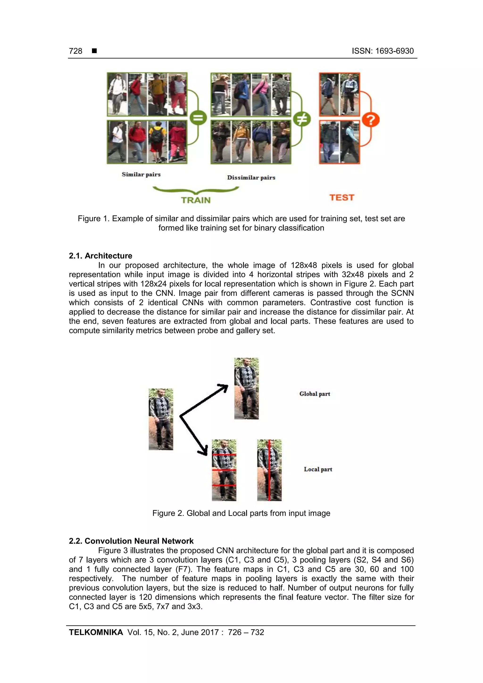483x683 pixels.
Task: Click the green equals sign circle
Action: click(x=198, y=118)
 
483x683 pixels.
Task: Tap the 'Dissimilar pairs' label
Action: click(x=251, y=178)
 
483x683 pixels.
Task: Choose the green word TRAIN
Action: click(x=196, y=200)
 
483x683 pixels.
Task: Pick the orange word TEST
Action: click(x=342, y=198)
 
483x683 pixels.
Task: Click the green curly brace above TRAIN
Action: click(x=196, y=190)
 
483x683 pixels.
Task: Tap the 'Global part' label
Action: click(x=315, y=394)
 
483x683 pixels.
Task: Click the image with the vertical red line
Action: click(x=269, y=470)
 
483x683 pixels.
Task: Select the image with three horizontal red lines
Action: click(x=224, y=470)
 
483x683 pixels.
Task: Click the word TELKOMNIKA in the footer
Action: click(x=96, y=632)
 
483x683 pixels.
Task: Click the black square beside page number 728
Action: click(x=94, y=51)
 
